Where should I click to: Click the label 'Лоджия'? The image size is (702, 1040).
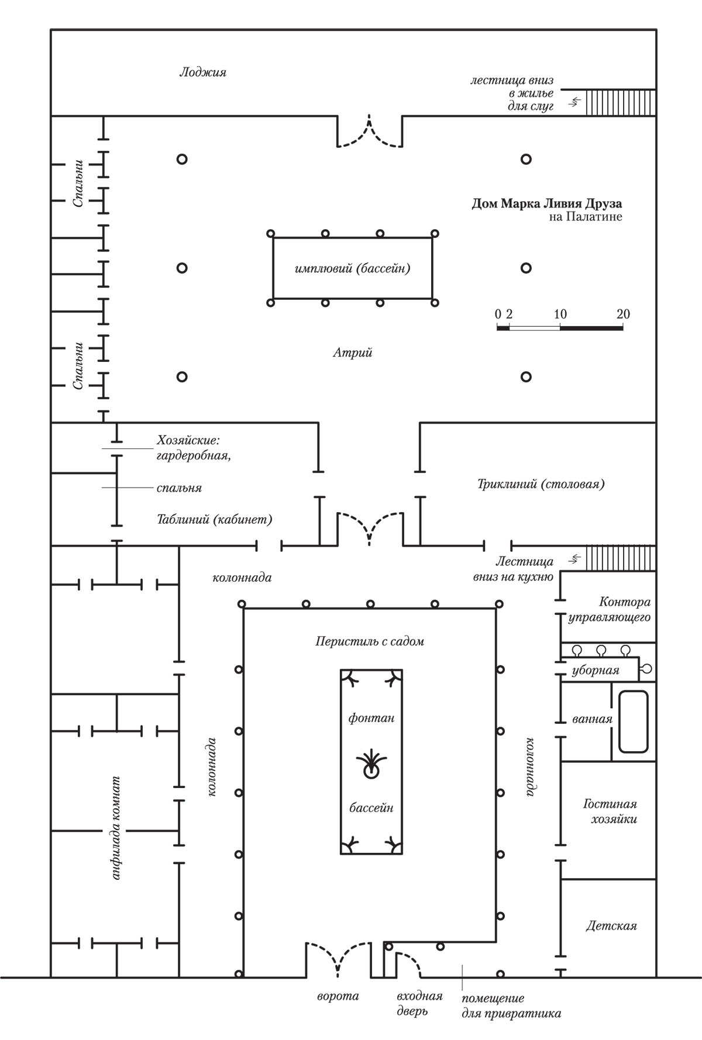pyautogui.click(x=202, y=72)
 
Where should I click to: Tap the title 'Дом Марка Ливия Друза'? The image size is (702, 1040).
pyautogui.click(x=547, y=204)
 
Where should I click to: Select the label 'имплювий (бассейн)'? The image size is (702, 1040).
pyautogui.click(x=352, y=269)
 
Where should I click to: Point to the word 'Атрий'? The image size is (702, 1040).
pyautogui.click(x=353, y=353)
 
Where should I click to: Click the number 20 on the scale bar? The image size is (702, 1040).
pyautogui.click(x=623, y=314)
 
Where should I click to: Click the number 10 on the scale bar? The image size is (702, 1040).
pyautogui.click(x=560, y=314)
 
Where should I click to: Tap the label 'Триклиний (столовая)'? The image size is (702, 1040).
pyautogui.click(x=541, y=484)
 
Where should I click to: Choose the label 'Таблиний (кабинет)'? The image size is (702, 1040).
pyautogui.click(x=214, y=519)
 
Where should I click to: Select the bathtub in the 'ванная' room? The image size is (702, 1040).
pyautogui.click(x=634, y=722)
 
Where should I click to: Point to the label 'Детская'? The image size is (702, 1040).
pyautogui.click(x=611, y=926)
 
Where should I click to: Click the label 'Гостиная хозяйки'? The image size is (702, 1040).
pyautogui.click(x=610, y=811)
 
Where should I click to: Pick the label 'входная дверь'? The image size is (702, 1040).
pyautogui.click(x=419, y=1003)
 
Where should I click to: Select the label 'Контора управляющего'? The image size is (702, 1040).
pyautogui.click(x=610, y=609)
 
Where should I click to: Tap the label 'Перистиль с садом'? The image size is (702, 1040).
pyautogui.click(x=369, y=641)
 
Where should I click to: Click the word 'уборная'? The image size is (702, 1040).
pyautogui.click(x=596, y=671)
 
